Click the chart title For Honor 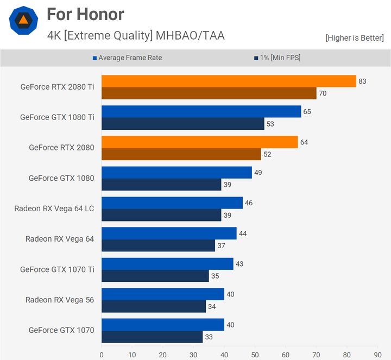coord(85,14)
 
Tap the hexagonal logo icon coord(23,21)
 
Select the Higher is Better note coord(355,38)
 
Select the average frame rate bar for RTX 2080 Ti coord(229,81)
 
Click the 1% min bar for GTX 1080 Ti coord(182,124)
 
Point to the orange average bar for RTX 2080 coord(199,142)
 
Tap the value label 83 coord(362,81)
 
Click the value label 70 coord(322,93)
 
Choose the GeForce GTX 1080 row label coord(61,178)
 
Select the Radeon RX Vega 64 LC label coord(54,209)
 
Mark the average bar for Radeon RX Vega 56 coord(163,294)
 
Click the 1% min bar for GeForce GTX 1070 coord(152,337)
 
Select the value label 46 coord(249,203)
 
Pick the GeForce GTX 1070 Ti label coord(57,269)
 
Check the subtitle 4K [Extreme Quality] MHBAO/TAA coord(136,36)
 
